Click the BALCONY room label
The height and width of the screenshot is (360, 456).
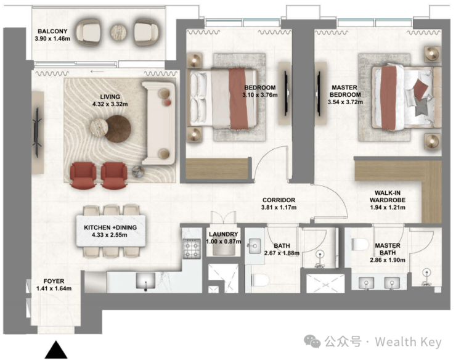coord(52,31)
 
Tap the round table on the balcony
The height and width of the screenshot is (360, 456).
coord(118,32)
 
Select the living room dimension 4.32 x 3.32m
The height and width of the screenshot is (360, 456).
coord(110,104)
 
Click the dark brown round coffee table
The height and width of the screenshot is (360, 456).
coord(118,129)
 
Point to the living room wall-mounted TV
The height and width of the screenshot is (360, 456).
coord(37,132)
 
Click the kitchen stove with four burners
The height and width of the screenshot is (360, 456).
coord(192,249)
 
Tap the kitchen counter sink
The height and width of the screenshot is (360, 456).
coord(145,281)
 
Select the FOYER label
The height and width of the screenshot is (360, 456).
coord(54,281)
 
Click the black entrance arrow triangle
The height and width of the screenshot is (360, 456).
coord(56,350)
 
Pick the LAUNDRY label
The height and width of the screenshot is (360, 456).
coord(223,234)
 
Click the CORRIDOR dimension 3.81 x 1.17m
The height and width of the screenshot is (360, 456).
coord(279,208)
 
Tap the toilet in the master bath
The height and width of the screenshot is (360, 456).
coord(360,245)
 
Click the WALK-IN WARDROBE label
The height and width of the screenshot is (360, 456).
coord(388,197)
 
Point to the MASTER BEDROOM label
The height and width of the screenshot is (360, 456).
coord(345,91)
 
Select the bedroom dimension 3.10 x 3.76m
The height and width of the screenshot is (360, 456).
coord(260,95)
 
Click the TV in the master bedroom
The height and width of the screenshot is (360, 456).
coord(319,94)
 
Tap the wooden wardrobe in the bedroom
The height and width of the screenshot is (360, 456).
coord(218,168)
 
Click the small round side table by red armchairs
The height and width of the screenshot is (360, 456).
coord(138,171)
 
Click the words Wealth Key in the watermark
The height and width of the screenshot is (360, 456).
coord(408,342)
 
